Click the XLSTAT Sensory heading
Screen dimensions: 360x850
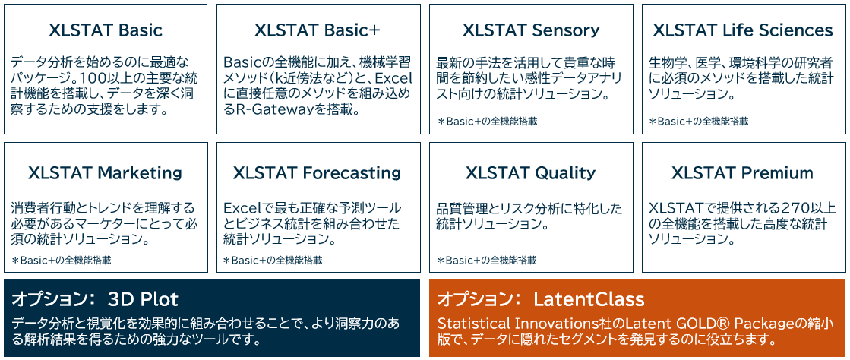[531, 30]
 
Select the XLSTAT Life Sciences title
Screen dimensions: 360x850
[743, 30]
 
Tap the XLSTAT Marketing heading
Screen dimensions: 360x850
[105, 172]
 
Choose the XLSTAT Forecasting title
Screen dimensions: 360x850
[318, 172]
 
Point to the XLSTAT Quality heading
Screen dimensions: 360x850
[530, 172]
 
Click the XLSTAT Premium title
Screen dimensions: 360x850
[742, 172]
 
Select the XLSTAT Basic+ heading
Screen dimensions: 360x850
[318, 30]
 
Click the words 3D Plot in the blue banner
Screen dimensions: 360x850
[143, 298]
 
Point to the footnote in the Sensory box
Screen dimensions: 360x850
[487, 121]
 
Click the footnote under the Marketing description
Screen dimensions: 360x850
[62, 261]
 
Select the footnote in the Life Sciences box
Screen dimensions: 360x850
[699, 121]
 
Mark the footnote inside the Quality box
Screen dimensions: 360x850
[487, 261]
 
